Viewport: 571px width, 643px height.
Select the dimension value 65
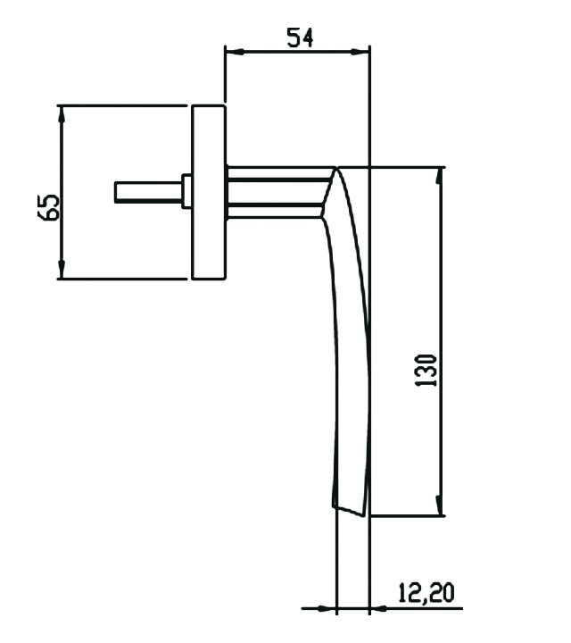point(51,207)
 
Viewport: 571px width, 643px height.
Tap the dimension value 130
point(426,369)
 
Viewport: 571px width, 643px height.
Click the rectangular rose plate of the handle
point(208,192)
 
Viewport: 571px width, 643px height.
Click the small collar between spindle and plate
point(187,191)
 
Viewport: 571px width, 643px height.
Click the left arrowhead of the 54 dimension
point(231,52)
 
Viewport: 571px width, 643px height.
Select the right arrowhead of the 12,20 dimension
point(377,609)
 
